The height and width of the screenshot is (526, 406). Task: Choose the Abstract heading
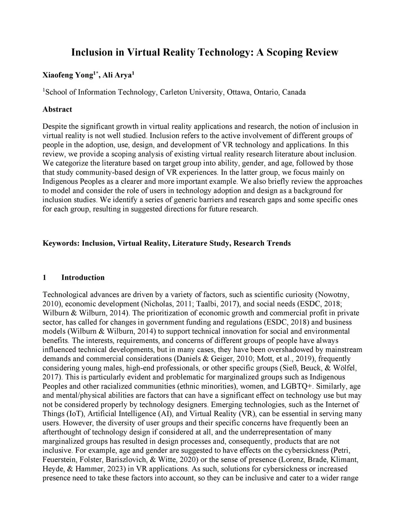tap(57, 109)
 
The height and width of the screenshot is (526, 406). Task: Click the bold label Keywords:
tap(61, 243)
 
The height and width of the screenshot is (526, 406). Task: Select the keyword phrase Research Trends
tap(262, 243)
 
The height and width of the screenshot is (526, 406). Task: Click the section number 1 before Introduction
tap(44, 277)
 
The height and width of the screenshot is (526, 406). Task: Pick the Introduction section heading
tap(83, 277)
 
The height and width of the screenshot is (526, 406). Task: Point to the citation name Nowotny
tap(332, 295)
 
